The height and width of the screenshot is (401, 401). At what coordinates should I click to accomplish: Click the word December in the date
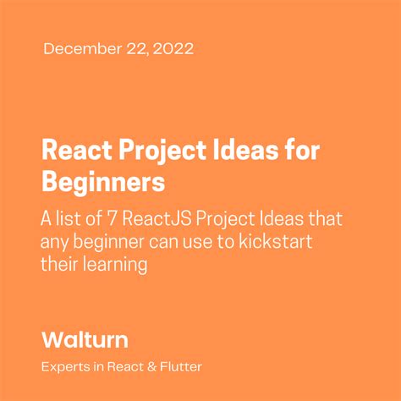pyautogui.click(x=80, y=49)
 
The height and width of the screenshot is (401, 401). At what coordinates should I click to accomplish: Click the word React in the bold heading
pyautogui.click(x=72, y=151)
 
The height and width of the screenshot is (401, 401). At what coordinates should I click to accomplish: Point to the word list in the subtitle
pyautogui.click(x=70, y=219)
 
